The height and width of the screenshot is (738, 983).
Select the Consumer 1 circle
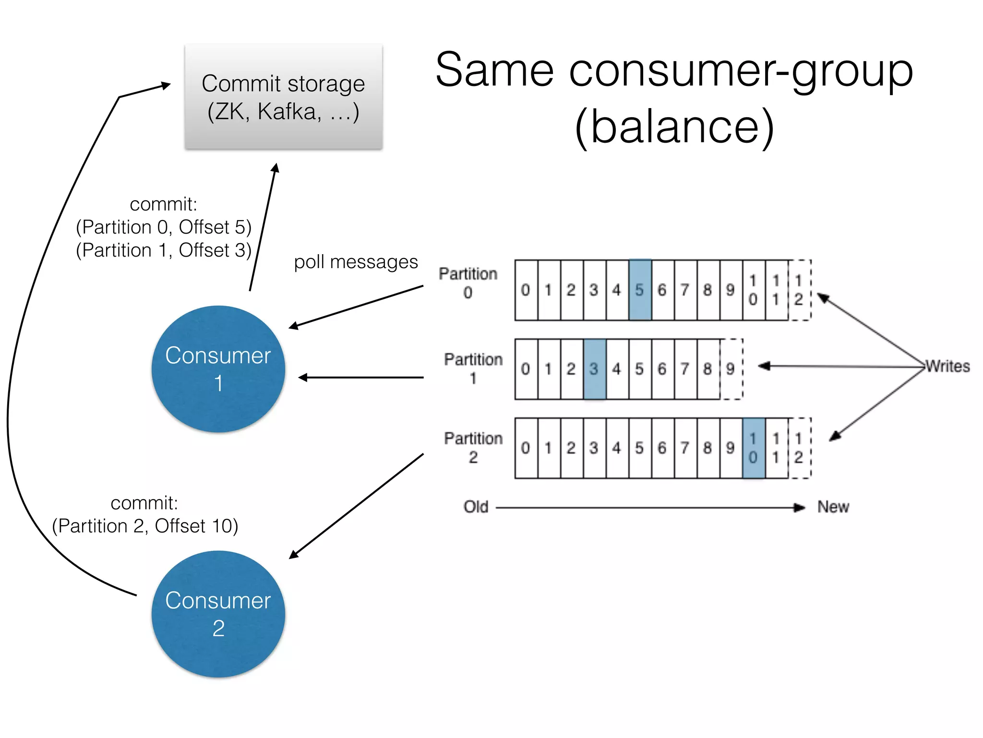point(218,369)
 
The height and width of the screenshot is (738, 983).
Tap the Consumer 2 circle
point(218,614)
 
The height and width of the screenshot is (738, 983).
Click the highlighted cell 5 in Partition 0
point(640,290)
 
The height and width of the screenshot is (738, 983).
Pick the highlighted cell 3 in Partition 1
point(594,369)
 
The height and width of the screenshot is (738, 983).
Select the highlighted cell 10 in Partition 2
point(753,448)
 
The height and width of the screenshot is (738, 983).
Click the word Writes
point(947,366)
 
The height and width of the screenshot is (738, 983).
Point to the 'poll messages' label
point(356,262)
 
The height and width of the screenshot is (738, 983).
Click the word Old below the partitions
point(476,507)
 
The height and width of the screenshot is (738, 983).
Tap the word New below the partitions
point(833,507)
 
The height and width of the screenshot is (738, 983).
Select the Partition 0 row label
point(468,283)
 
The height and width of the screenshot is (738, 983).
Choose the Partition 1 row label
point(473,369)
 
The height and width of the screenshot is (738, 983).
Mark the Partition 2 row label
point(473,447)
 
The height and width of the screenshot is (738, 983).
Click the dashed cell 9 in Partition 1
point(731,369)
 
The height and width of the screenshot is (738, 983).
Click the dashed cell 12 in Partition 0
point(799,290)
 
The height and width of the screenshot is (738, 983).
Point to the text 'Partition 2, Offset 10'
point(145,526)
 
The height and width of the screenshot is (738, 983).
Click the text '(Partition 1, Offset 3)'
point(164,250)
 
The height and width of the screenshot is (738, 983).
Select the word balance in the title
point(674,126)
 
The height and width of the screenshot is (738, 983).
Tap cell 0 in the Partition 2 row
point(526,448)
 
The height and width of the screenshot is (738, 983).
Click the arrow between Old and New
point(648,507)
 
